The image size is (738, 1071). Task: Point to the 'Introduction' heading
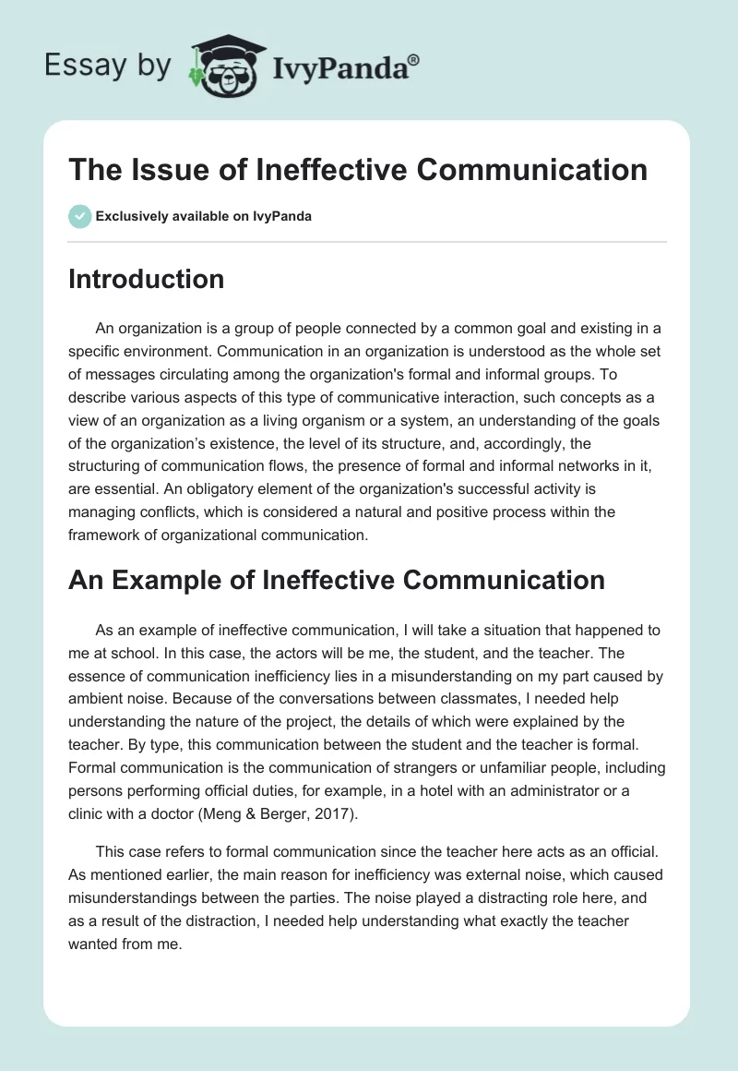(146, 279)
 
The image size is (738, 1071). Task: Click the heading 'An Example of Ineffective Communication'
(336, 580)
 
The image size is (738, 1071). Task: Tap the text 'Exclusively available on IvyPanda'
(203, 216)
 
